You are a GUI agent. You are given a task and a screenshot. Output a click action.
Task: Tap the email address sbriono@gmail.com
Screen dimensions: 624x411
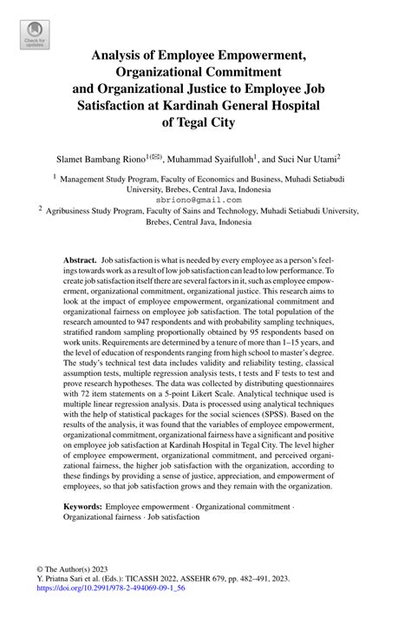point(205,199)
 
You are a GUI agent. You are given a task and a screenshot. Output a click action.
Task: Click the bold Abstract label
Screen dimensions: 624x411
point(80,259)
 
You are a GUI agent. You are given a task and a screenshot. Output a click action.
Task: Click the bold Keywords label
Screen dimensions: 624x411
point(86,504)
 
